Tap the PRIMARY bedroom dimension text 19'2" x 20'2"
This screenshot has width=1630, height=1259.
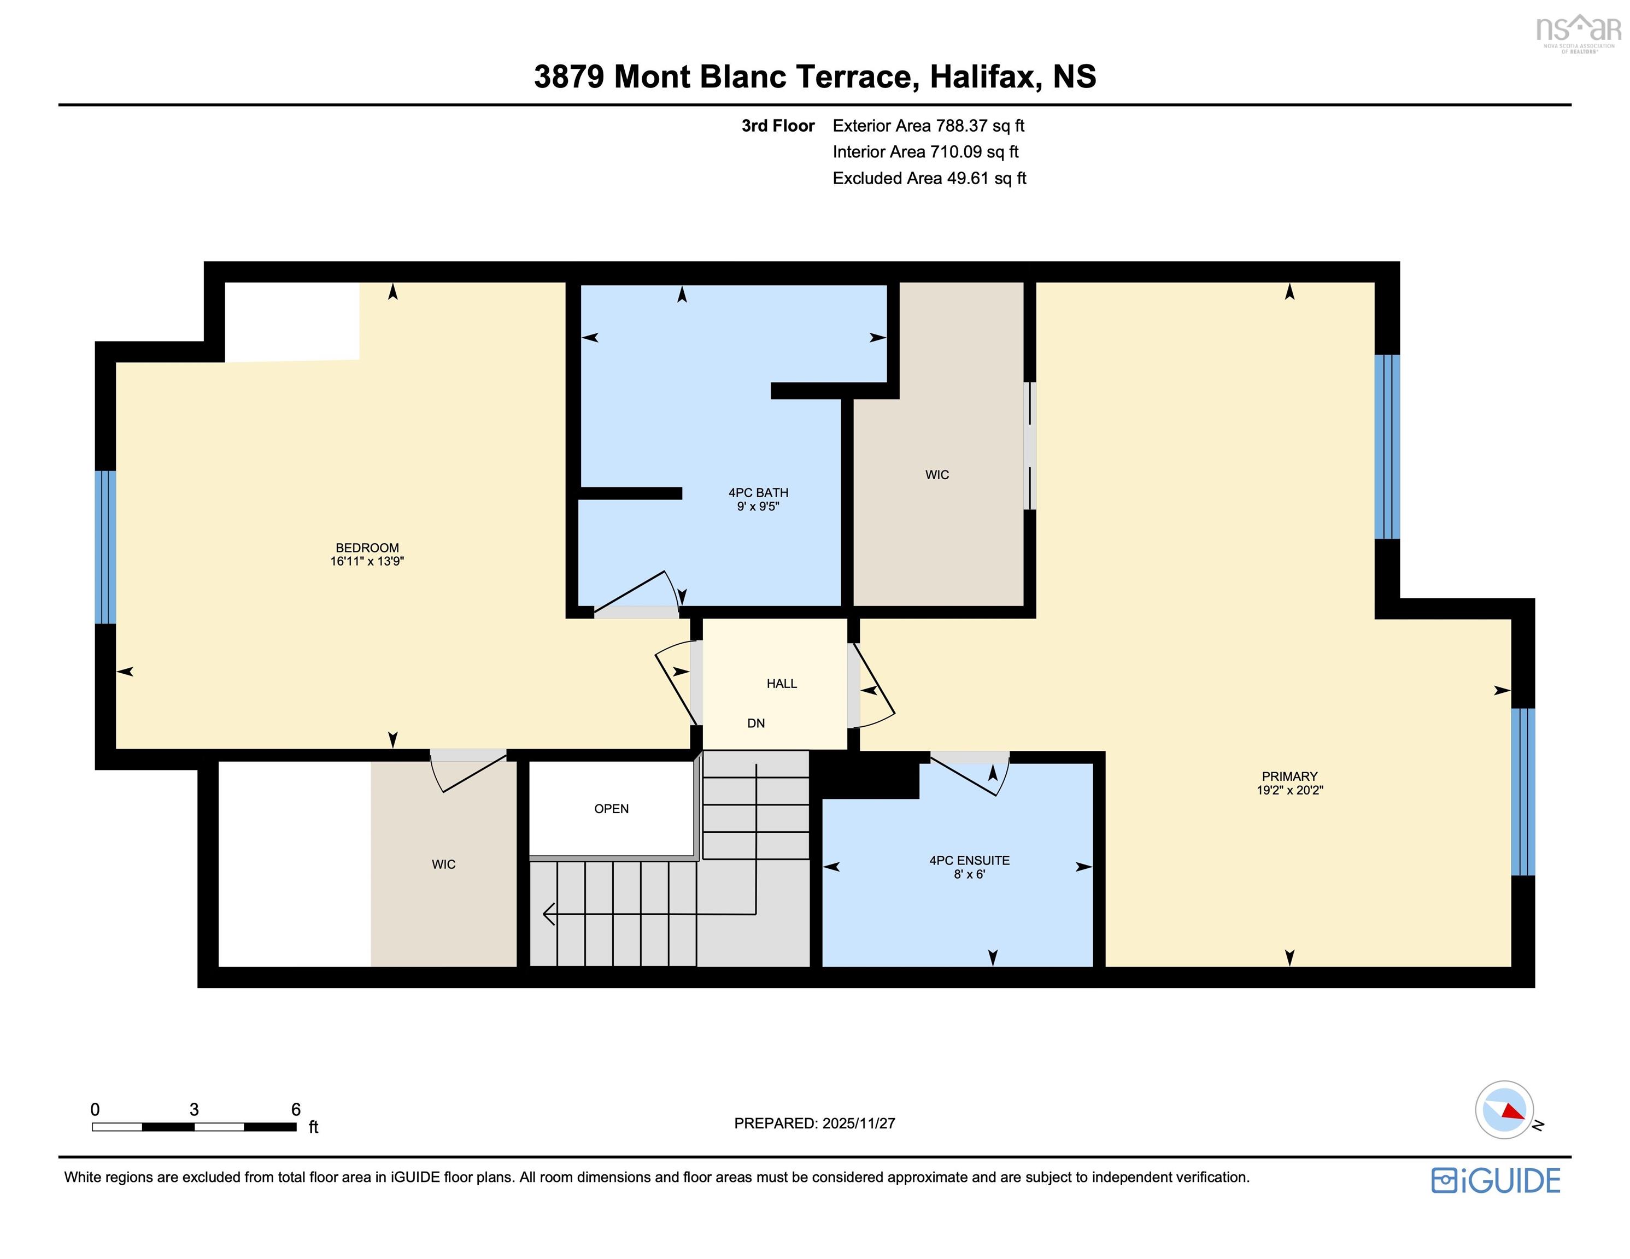pyautogui.click(x=1289, y=790)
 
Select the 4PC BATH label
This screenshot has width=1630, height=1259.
pyautogui.click(x=758, y=492)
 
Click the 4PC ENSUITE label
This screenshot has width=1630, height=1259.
pyautogui.click(x=969, y=861)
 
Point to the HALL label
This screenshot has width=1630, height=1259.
pyautogui.click(x=782, y=684)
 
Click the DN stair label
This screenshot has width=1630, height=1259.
pyautogui.click(x=755, y=723)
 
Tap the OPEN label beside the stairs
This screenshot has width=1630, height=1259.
pyautogui.click(x=611, y=809)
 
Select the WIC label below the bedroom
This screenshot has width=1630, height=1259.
pyautogui.click(x=443, y=864)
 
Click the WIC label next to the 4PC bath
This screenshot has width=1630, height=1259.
pyautogui.click(x=937, y=475)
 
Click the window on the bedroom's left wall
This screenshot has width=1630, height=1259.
pyautogui.click(x=105, y=547)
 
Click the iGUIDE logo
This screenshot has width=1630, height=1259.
pyautogui.click(x=1496, y=1180)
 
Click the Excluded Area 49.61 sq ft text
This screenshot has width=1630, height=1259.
pyautogui.click(x=929, y=178)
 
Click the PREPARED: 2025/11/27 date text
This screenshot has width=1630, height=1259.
pyautogui.click(x=814, y=1123)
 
